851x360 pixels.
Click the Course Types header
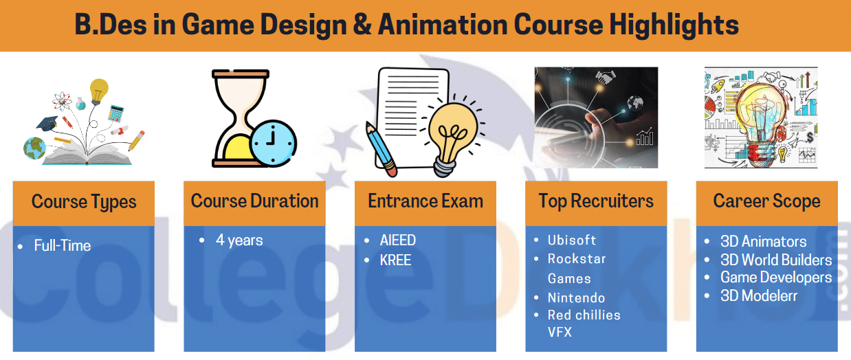tap(84, 203)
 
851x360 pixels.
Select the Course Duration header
tap(254, 201)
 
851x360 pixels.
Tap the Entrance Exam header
tap(425, 201)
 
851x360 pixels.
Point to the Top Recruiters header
tap(596, 201)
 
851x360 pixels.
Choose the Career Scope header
tap(766, 201)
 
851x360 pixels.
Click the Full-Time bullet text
tap(63, 245)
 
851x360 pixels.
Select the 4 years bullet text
tap(239, 240)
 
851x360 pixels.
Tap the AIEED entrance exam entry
tap(398, 240)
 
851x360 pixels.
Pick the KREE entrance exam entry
tap(395, 260)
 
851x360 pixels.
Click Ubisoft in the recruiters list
tap(572, 240)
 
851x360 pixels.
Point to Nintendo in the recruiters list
tap(576, 298)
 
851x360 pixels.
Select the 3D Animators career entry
tap(764, 242)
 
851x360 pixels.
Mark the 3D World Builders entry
tap(776, 260)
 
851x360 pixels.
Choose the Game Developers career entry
tap(776, 278)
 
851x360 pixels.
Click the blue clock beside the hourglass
tap(273, 141)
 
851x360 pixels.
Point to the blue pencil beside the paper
tap(380, 146)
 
